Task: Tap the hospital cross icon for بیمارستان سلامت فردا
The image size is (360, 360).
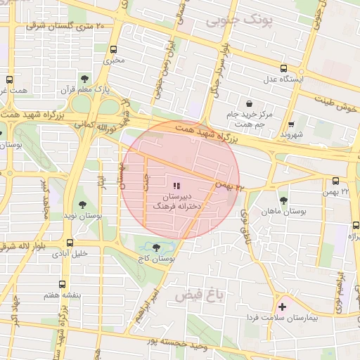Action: [x=283, y=307]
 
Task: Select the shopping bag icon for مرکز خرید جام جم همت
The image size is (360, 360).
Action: [x=250, y=103]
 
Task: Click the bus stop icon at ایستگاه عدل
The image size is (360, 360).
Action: [x=283, y=69]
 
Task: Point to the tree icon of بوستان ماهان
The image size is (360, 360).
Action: [x=283, y=200]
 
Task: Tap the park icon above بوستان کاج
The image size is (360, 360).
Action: [x=154, y=247]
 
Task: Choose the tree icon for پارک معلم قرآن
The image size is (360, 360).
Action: [x=85, y=79]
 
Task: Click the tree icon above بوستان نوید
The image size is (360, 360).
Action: [x=83, y=205]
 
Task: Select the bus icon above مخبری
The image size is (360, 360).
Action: [x=114, y=49]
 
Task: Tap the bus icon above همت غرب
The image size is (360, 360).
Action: [x=9, y=80]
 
